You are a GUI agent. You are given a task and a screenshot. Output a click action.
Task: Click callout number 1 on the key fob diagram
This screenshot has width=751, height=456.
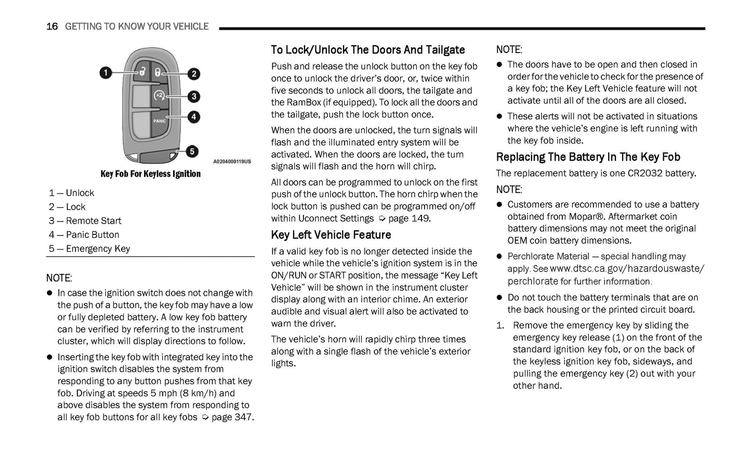click(x=106, y=72)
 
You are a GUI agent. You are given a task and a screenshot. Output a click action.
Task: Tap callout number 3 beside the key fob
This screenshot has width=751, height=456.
click(x=193, y=96)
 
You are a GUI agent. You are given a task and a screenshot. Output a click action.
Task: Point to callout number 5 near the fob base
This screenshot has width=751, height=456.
click(x=192, y=151)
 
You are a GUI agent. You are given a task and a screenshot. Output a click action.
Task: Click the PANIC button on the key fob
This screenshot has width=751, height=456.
click(x=160, y=121)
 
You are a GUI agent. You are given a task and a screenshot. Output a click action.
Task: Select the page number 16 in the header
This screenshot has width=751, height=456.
click(x=52, y=27)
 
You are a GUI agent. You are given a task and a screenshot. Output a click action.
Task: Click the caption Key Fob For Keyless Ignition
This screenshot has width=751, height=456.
click(x=150, y=174)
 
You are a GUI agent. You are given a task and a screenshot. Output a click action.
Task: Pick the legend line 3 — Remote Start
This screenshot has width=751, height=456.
click(x=85, y=221)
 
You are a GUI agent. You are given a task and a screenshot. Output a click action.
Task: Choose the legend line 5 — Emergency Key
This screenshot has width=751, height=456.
click(x=89, y=249)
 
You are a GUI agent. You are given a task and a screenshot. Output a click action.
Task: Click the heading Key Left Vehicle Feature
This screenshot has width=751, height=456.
click(x=331, y=235)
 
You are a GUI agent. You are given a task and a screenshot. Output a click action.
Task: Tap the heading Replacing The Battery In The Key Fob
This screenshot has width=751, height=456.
click(x=588, y=157)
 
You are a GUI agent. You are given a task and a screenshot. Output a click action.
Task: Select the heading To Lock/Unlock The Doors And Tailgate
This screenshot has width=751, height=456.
click(x=367, y=50)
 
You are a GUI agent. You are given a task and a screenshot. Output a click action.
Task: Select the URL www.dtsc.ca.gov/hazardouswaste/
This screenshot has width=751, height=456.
click(x=627, y=269)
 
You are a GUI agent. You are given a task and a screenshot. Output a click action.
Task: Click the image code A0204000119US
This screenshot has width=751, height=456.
click(x=232, y=162)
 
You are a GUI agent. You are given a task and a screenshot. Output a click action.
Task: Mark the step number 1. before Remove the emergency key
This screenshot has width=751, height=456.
click(x=500, y=325)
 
